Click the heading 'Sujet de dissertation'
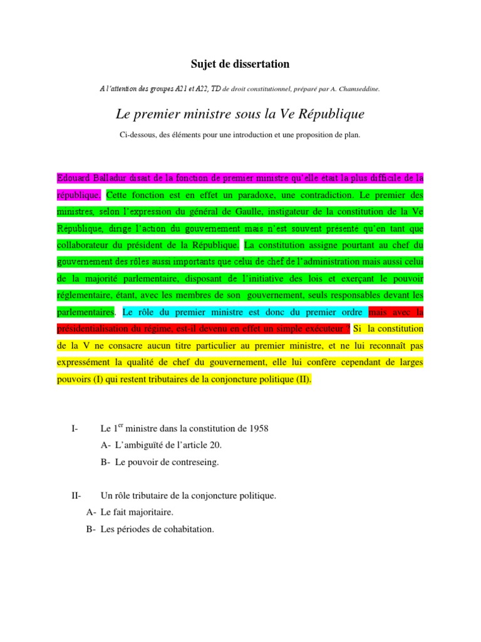240,64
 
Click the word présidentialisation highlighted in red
96,329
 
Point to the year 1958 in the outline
257,429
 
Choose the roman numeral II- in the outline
77,496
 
